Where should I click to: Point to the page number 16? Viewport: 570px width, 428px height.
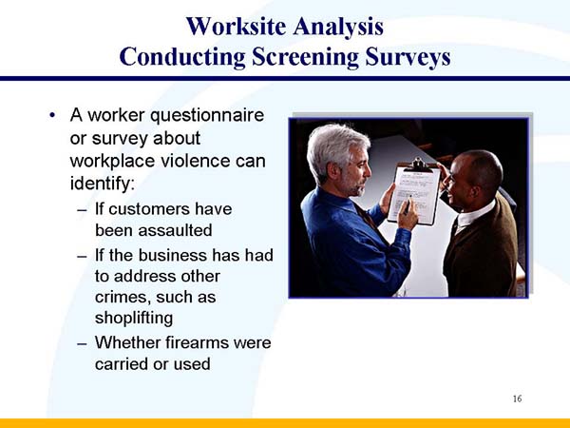[x=516, y=397]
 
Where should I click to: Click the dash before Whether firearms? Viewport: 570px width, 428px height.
[x=81, y=342]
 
